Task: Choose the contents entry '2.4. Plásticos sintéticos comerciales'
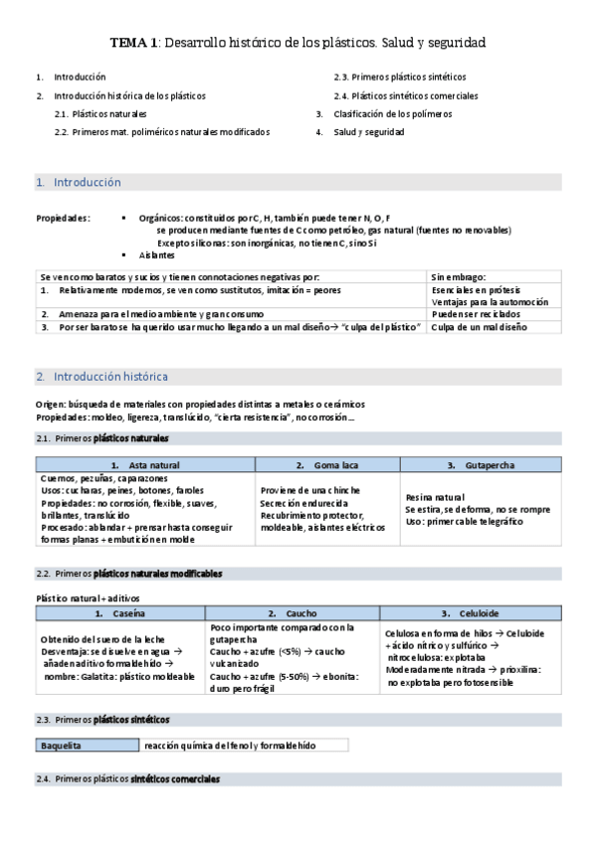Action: tap(406, 95)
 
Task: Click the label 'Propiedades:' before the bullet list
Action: tap(63, 218)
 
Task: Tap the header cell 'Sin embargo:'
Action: tap(459, 276)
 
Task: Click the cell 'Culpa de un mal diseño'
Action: tap(480, 327)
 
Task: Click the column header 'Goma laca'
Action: tap(333, 465)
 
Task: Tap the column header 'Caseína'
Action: tap(129, 614)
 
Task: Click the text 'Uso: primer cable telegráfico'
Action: tap(464, 521)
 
